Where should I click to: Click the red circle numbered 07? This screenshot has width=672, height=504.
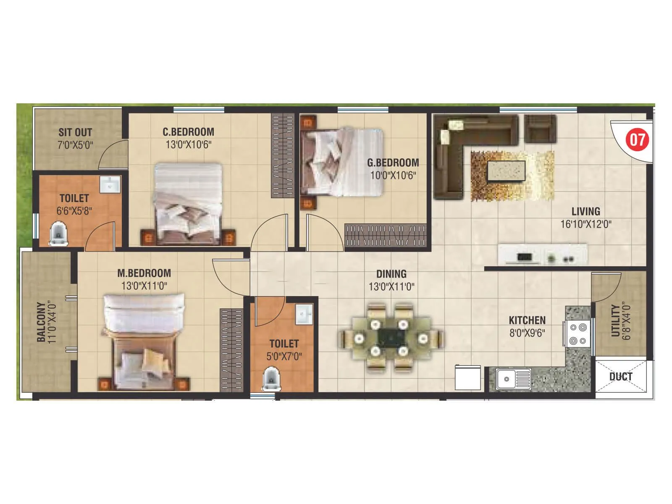click(x=637, y=139)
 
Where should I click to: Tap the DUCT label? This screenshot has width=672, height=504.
click(x=621, y=376)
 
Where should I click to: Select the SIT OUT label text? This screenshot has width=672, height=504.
click(x=75, y=132)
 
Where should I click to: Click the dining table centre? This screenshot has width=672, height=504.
click(x=391, y=337)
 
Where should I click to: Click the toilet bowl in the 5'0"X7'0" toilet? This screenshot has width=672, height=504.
click(x=271, y=380)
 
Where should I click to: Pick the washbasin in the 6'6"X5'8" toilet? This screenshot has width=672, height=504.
click(x=110, y=184)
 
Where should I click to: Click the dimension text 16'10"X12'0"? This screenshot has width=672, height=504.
click(x=585, y=224)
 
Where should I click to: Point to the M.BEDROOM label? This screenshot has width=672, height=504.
click(x=144, y=273)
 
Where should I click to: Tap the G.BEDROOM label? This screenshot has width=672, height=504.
click(x=393, y=163)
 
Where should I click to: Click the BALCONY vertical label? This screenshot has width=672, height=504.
click(x=41, y=322)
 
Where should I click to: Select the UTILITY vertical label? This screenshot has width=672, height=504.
click(x=615, y=320)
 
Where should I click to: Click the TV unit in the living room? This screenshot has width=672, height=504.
click(x=542, y=255)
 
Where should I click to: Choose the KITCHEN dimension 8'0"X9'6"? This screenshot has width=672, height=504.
click(x=527, y=333)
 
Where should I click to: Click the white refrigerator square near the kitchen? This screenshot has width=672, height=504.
click(x=468, y=378)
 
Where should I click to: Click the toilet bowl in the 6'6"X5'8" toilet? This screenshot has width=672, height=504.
click(x=58, y=234)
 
